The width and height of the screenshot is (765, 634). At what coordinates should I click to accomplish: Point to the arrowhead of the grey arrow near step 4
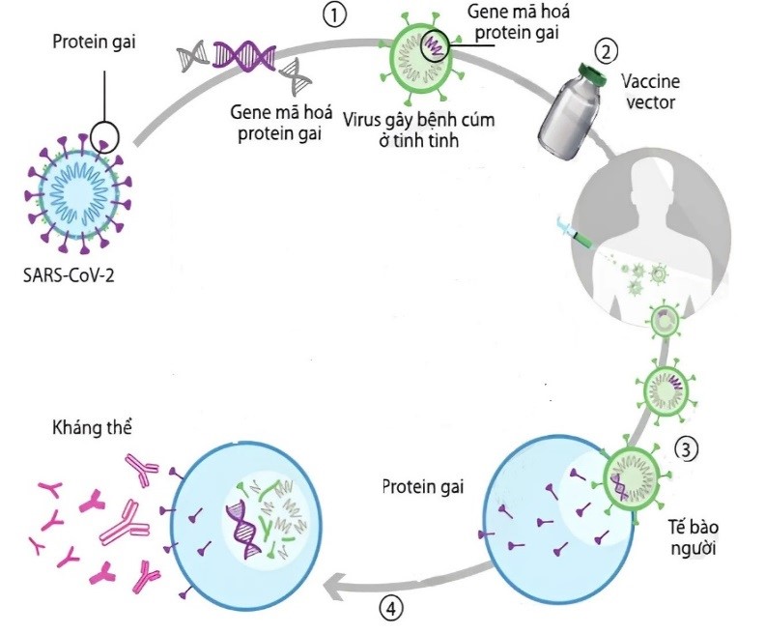(327, 586)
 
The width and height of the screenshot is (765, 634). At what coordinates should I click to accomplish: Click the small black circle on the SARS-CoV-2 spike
(105, 136)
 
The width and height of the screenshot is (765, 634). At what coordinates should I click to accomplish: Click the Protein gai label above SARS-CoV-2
(94, 42)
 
